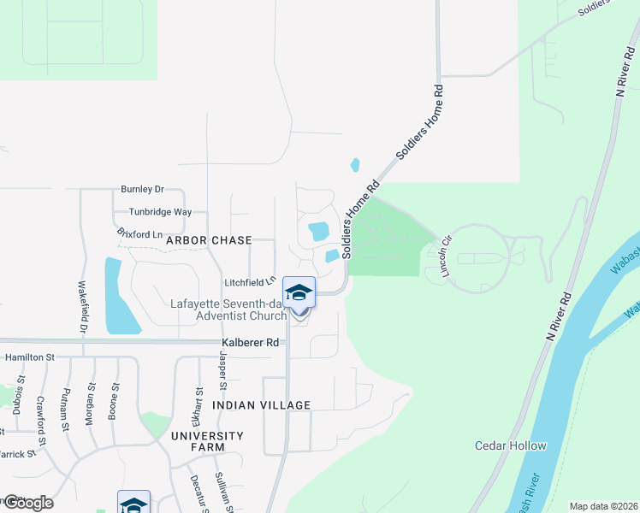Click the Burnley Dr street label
[142, 189]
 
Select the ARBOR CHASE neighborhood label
[205, 241]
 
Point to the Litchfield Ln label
[249, 282]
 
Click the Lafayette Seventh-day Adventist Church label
[228, 310]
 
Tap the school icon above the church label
[299, 294]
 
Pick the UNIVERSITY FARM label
[207, 441]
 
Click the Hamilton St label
[29, 357]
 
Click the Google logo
[27, 503]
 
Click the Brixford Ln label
[139, 233]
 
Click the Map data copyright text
[602, 506]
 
